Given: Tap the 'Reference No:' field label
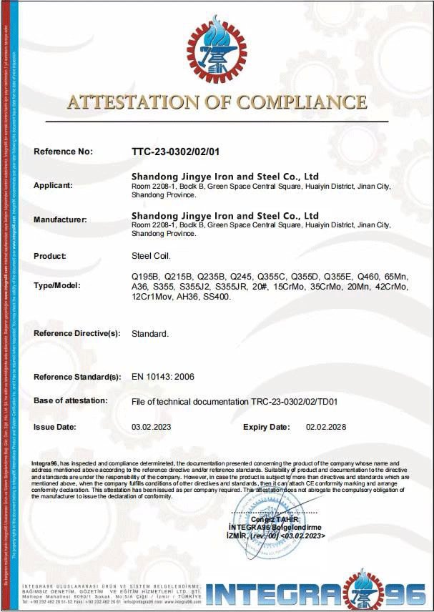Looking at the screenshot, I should (64, 152).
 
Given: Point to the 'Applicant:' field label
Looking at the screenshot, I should (53, 185).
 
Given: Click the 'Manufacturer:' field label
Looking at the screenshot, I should (60, 219).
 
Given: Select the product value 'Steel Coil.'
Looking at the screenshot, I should (151, 256).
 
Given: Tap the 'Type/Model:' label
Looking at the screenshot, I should (57, 285).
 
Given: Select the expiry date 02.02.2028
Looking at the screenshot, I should (326, 427).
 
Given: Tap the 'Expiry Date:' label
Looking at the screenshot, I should (267, 427).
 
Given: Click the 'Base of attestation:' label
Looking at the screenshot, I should (71, 400).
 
